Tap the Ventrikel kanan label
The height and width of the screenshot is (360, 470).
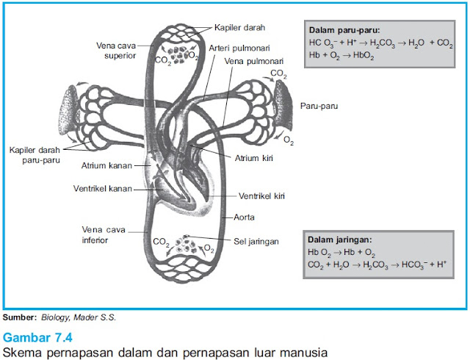[x=104, y=188]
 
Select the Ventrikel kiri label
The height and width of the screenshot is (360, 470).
[x=261, y=196]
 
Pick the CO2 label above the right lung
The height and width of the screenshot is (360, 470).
[x=278, y=73]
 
